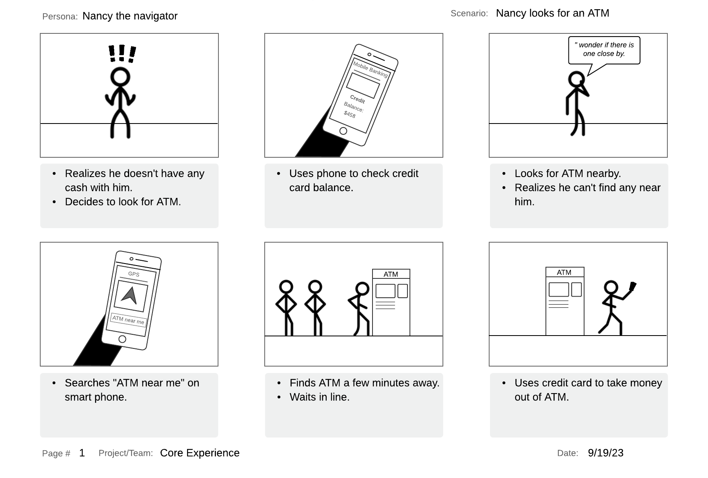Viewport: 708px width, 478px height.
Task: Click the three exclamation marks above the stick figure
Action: (122, 54)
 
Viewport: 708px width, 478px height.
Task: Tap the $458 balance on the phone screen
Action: (350, 115)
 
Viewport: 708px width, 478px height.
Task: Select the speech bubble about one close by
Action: (604, 50)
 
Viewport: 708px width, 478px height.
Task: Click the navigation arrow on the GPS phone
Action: (130, 296)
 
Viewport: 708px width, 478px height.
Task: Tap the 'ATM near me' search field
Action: (128, 320)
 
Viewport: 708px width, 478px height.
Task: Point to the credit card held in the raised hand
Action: (632, 286)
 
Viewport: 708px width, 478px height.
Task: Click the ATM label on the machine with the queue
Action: (391, 274)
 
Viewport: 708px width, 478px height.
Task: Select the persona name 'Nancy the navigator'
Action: (130, 16)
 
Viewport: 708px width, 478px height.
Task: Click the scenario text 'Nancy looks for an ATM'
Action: (552, 13)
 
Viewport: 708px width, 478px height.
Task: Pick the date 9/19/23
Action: (605, 453)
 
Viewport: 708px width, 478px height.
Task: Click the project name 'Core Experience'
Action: (200, 453)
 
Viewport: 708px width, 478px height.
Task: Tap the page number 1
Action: (82, 453)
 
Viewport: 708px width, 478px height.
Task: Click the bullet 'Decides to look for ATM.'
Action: (123, 202)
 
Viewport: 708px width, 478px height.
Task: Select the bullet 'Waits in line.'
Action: (319, 397)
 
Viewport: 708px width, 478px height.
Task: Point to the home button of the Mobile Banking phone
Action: (343, 131)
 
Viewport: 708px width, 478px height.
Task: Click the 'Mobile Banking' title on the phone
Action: (370, 69)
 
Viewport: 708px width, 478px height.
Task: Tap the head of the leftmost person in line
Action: (286, 287)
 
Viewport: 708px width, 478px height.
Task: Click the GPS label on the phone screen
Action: (134, 274)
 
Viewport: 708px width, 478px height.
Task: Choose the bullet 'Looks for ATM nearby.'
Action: (568, 173)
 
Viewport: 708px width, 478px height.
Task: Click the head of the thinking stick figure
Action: (576, 79)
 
